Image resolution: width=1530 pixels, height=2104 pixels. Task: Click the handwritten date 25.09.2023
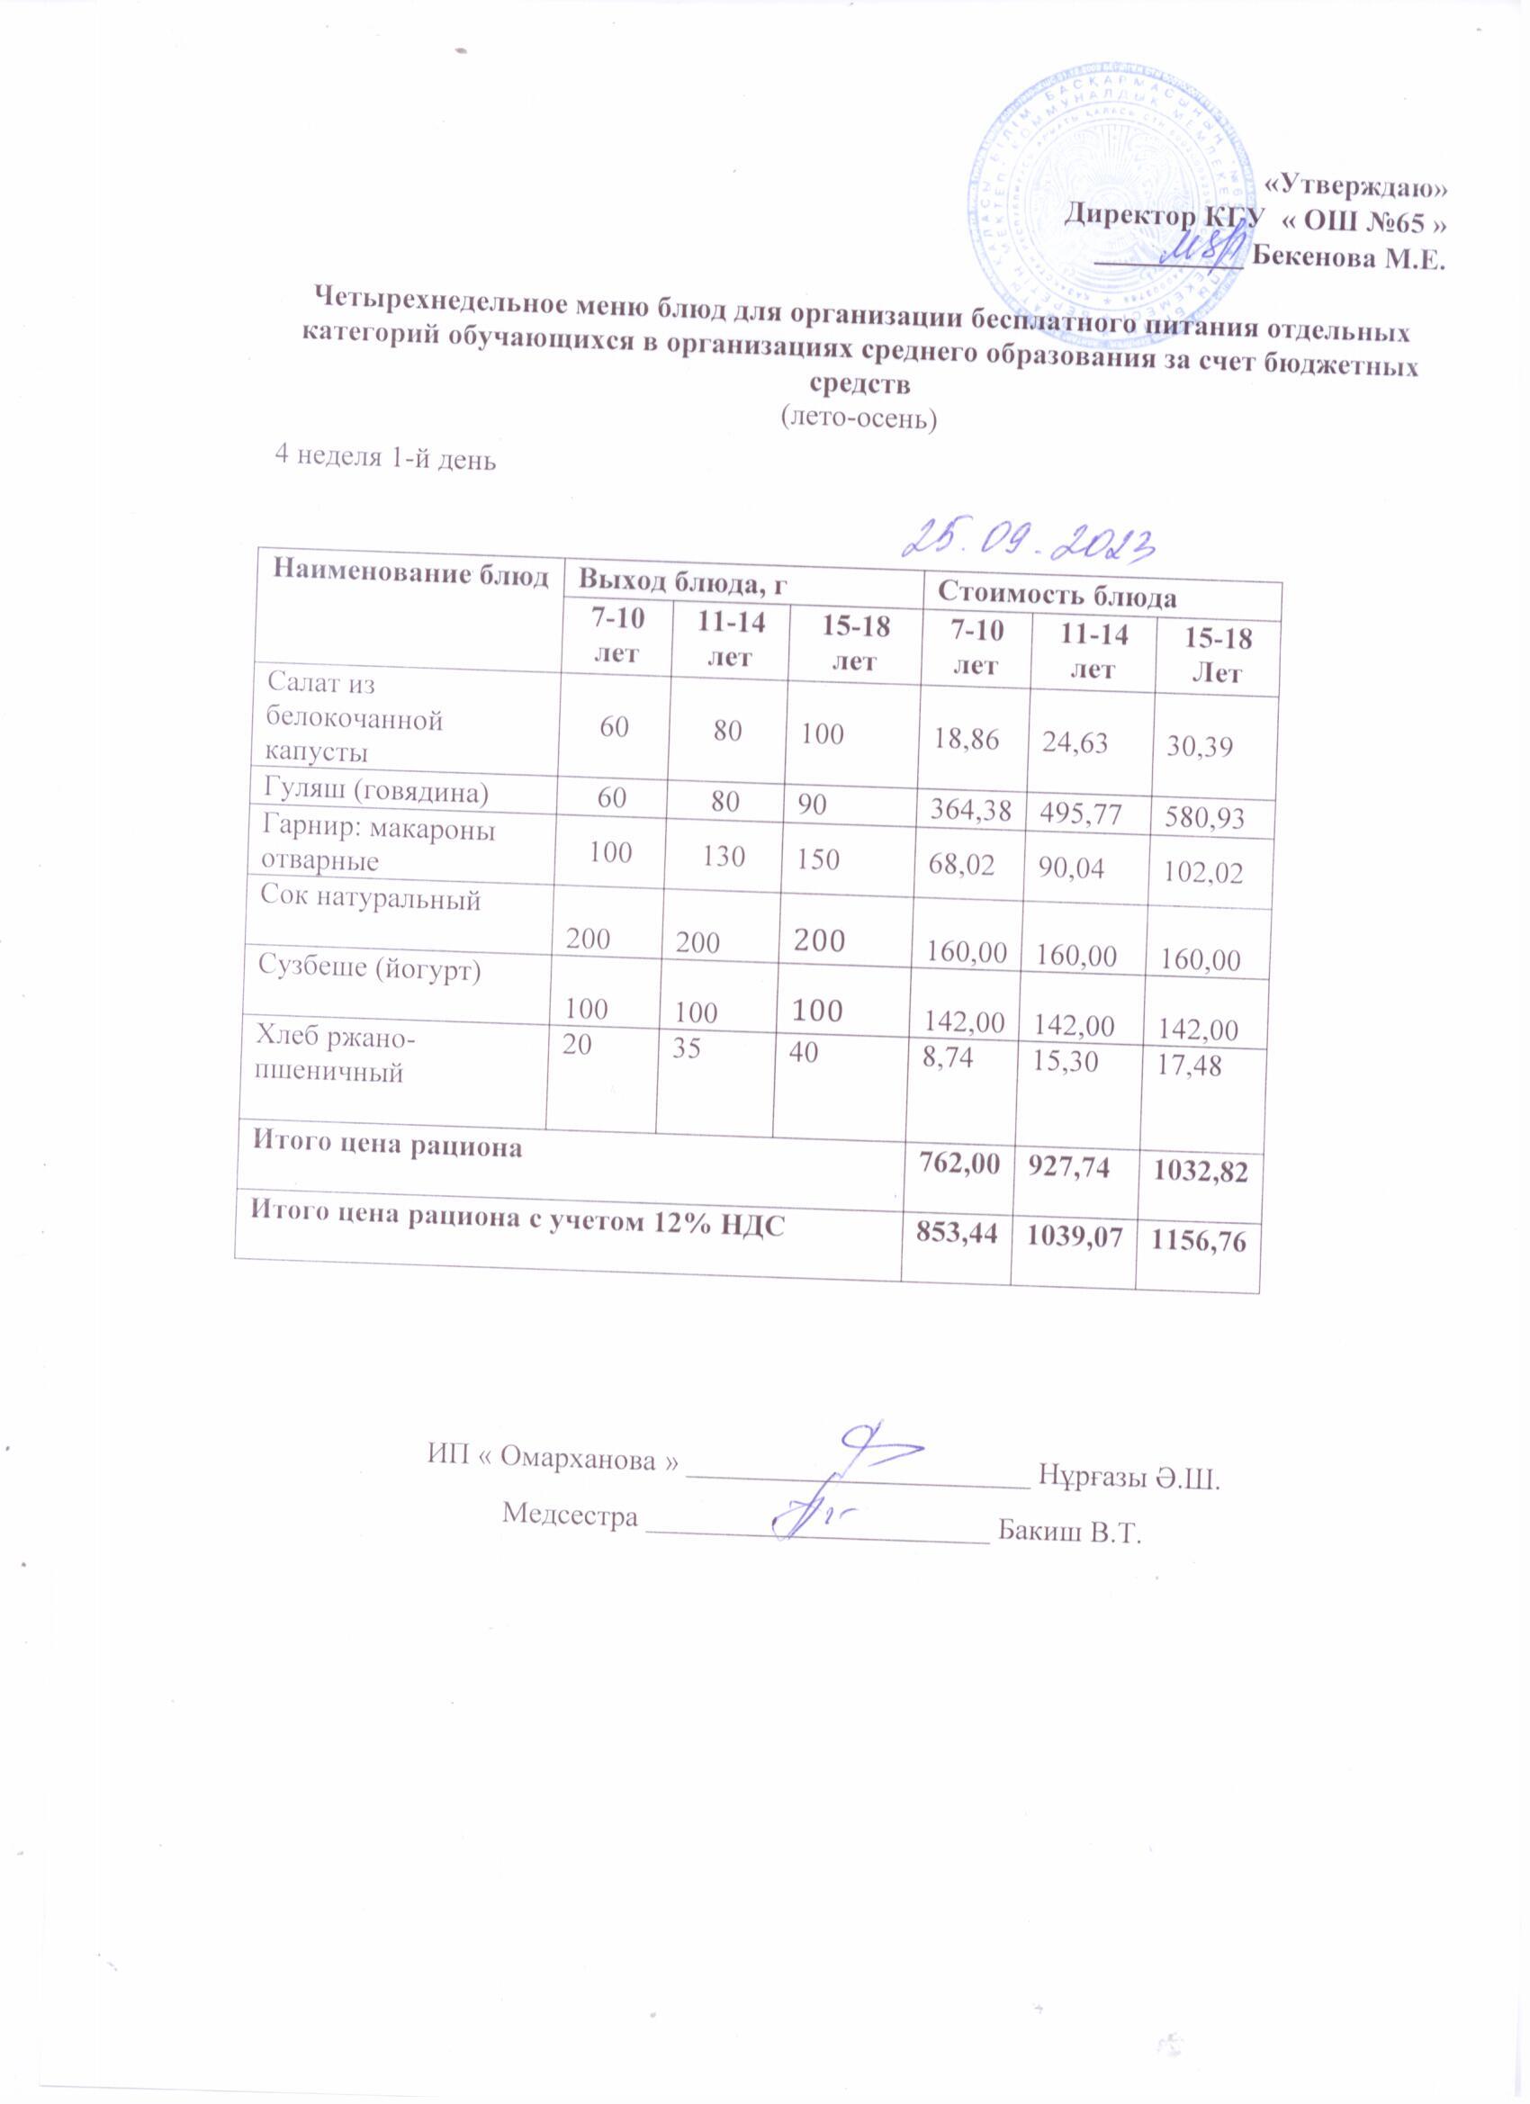pyautogui.click(x=1034, y=538)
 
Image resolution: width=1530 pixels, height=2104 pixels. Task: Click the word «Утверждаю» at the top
pyautogui.click(x=1355, y=187)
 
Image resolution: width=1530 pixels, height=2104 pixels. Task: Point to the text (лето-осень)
pyautogui.click(x=859, y=418)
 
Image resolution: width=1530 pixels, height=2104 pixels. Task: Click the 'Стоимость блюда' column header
pyautogui.click(x=1057, y=596)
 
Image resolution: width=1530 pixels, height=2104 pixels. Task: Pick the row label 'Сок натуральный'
pyautogui.click(x=370, y=898)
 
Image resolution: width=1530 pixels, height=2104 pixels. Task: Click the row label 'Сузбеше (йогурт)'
pyautogui.click(x=369, y=970)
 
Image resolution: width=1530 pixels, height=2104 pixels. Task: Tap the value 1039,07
pyautogui.click(x=1071, y=1236)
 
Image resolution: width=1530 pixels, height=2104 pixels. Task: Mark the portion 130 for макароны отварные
pyautogui.click(x=723, y=855)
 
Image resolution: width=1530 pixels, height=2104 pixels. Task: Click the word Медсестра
pyautogui.click(x=570, y=1514)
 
